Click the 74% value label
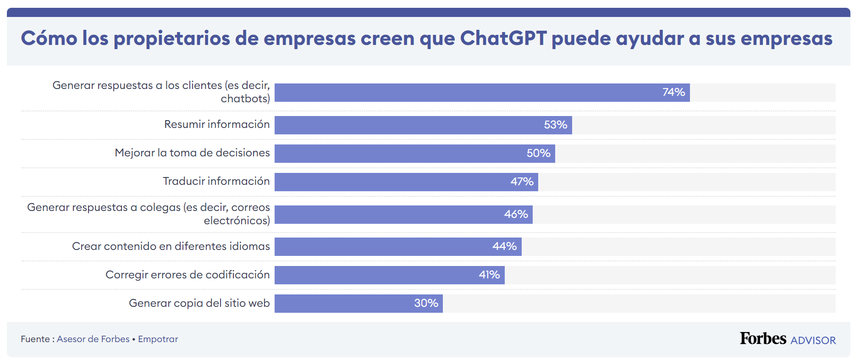(x=673, y=92)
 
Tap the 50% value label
(x=538, y=153)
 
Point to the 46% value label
(x=516, y=214)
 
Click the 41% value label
(x=489, y=275)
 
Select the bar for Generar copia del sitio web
(x=358, y=304)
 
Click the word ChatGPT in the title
(x=503, y=39)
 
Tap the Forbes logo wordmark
(x=763, y=338)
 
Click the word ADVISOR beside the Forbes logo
(x=813, y=340)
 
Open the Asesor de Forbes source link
(x=93, y=339)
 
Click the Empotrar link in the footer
(x=158, y=339)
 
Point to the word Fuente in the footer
(x=35, y=339)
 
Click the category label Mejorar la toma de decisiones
(x=192, y=153)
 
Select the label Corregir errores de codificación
(x=188, y=275)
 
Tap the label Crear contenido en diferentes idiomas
(x=171, y=246)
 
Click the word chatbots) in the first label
(x=245, y=99)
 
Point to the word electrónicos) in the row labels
(x=237, y=221)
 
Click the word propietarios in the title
(x=171, y=39)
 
